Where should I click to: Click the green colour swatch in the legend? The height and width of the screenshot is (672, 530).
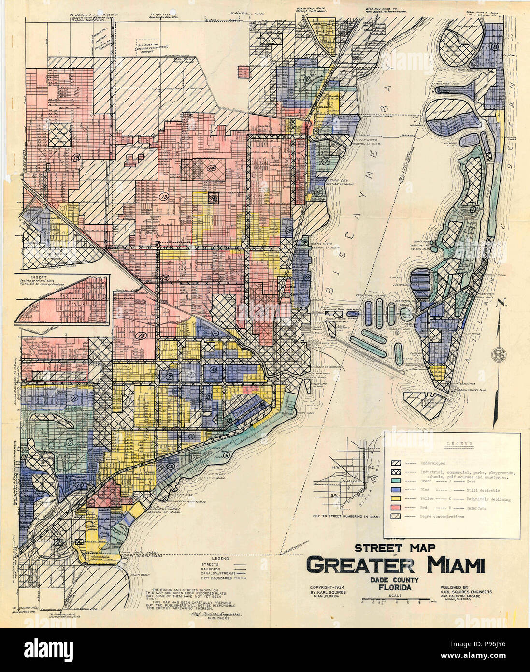396,482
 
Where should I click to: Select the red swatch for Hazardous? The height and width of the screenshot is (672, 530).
396,508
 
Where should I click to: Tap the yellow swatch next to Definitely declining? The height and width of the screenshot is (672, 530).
396,499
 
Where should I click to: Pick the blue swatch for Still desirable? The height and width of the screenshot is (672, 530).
396,490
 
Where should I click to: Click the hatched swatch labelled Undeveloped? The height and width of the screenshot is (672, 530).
396,463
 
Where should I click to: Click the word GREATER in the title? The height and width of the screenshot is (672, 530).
360,565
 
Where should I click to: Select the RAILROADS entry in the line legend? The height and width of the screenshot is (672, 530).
213,570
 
